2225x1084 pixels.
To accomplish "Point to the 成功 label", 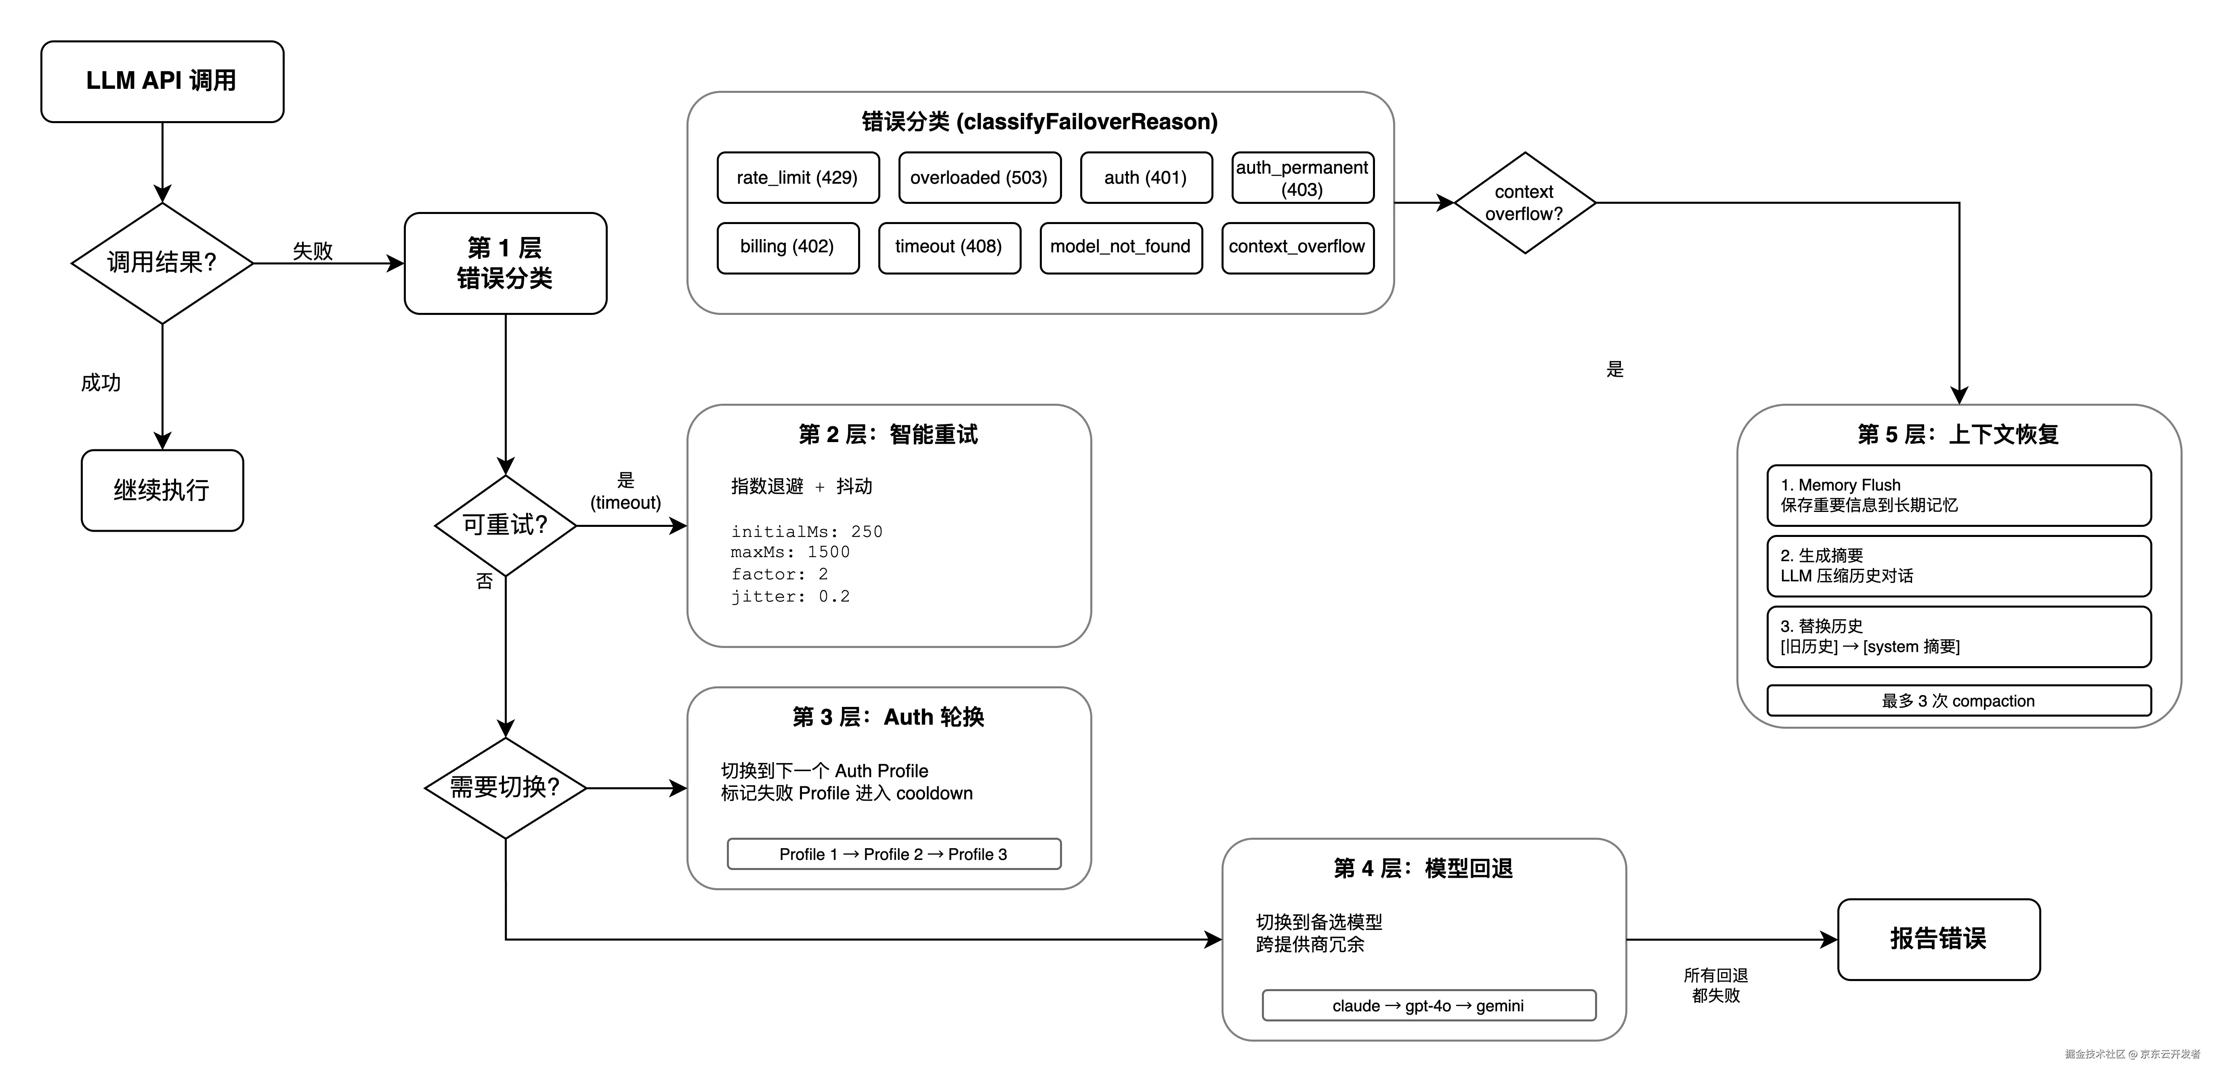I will pos(101,383).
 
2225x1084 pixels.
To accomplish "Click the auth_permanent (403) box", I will pos(1301,178).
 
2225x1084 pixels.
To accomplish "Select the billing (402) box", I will pos(787,247).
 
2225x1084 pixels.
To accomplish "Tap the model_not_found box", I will pos(1120,247).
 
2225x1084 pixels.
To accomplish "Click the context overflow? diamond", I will pos(1524,203).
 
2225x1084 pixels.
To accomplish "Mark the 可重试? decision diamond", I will pos(505,525).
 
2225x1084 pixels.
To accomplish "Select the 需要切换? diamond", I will pos(505,787).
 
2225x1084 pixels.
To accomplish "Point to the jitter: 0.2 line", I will pos(790,596).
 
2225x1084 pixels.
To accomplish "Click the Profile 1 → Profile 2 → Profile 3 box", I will pos(893,853).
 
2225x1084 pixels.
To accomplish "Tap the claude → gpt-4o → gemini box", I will pos(1429,1005).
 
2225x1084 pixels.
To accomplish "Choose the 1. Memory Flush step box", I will pos(1958,495).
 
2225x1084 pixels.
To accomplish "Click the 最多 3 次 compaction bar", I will pos(1958,700).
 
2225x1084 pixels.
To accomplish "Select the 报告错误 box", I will pos(1938,939).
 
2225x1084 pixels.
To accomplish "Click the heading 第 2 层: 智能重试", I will pos(888,434).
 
